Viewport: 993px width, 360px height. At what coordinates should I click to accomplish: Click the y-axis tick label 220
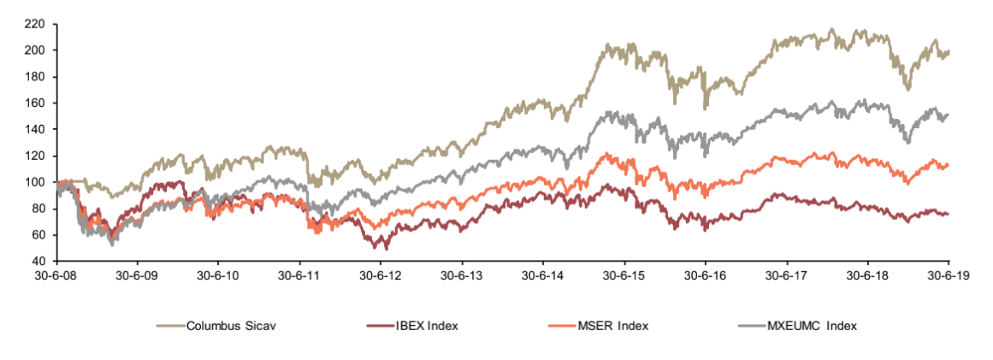pos(35,24)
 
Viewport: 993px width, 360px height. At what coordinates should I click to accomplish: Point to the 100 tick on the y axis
pos(35,182)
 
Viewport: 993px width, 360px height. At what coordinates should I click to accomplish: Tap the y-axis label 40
pos(38,261)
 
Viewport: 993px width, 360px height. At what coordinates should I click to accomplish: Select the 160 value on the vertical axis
pos(35,103)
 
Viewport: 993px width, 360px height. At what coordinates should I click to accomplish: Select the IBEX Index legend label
pos(428,326)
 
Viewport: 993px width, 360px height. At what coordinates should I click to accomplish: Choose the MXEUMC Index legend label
pos(813,326)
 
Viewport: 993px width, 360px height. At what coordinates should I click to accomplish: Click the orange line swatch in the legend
pos(561,326)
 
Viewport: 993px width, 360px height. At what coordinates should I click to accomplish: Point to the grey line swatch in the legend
pos(750,326)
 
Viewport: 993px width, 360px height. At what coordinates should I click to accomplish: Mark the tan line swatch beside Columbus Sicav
pos(169,326)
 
